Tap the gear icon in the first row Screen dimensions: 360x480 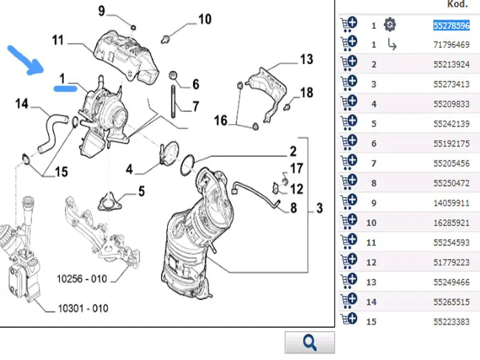click(x=390, y=25)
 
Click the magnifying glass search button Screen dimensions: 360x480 click(x=310, y=342)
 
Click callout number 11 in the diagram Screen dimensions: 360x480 click(x=58, y=41)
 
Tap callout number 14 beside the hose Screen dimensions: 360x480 click(x=22, y=104)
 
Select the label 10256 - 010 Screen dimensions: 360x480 click(x=82, y=279)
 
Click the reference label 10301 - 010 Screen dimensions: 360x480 click(x=83, y=308)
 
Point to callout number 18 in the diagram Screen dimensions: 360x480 click(x=307, y=92)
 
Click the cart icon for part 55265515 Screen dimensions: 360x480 click(x=349, y=301)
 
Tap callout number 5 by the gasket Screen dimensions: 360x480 click(x=142, y=191)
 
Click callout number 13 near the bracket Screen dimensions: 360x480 click(x=306, y=59)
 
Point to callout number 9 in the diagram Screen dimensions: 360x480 click(x=101, y=10)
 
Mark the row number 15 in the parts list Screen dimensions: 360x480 click(x=371, y=322)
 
